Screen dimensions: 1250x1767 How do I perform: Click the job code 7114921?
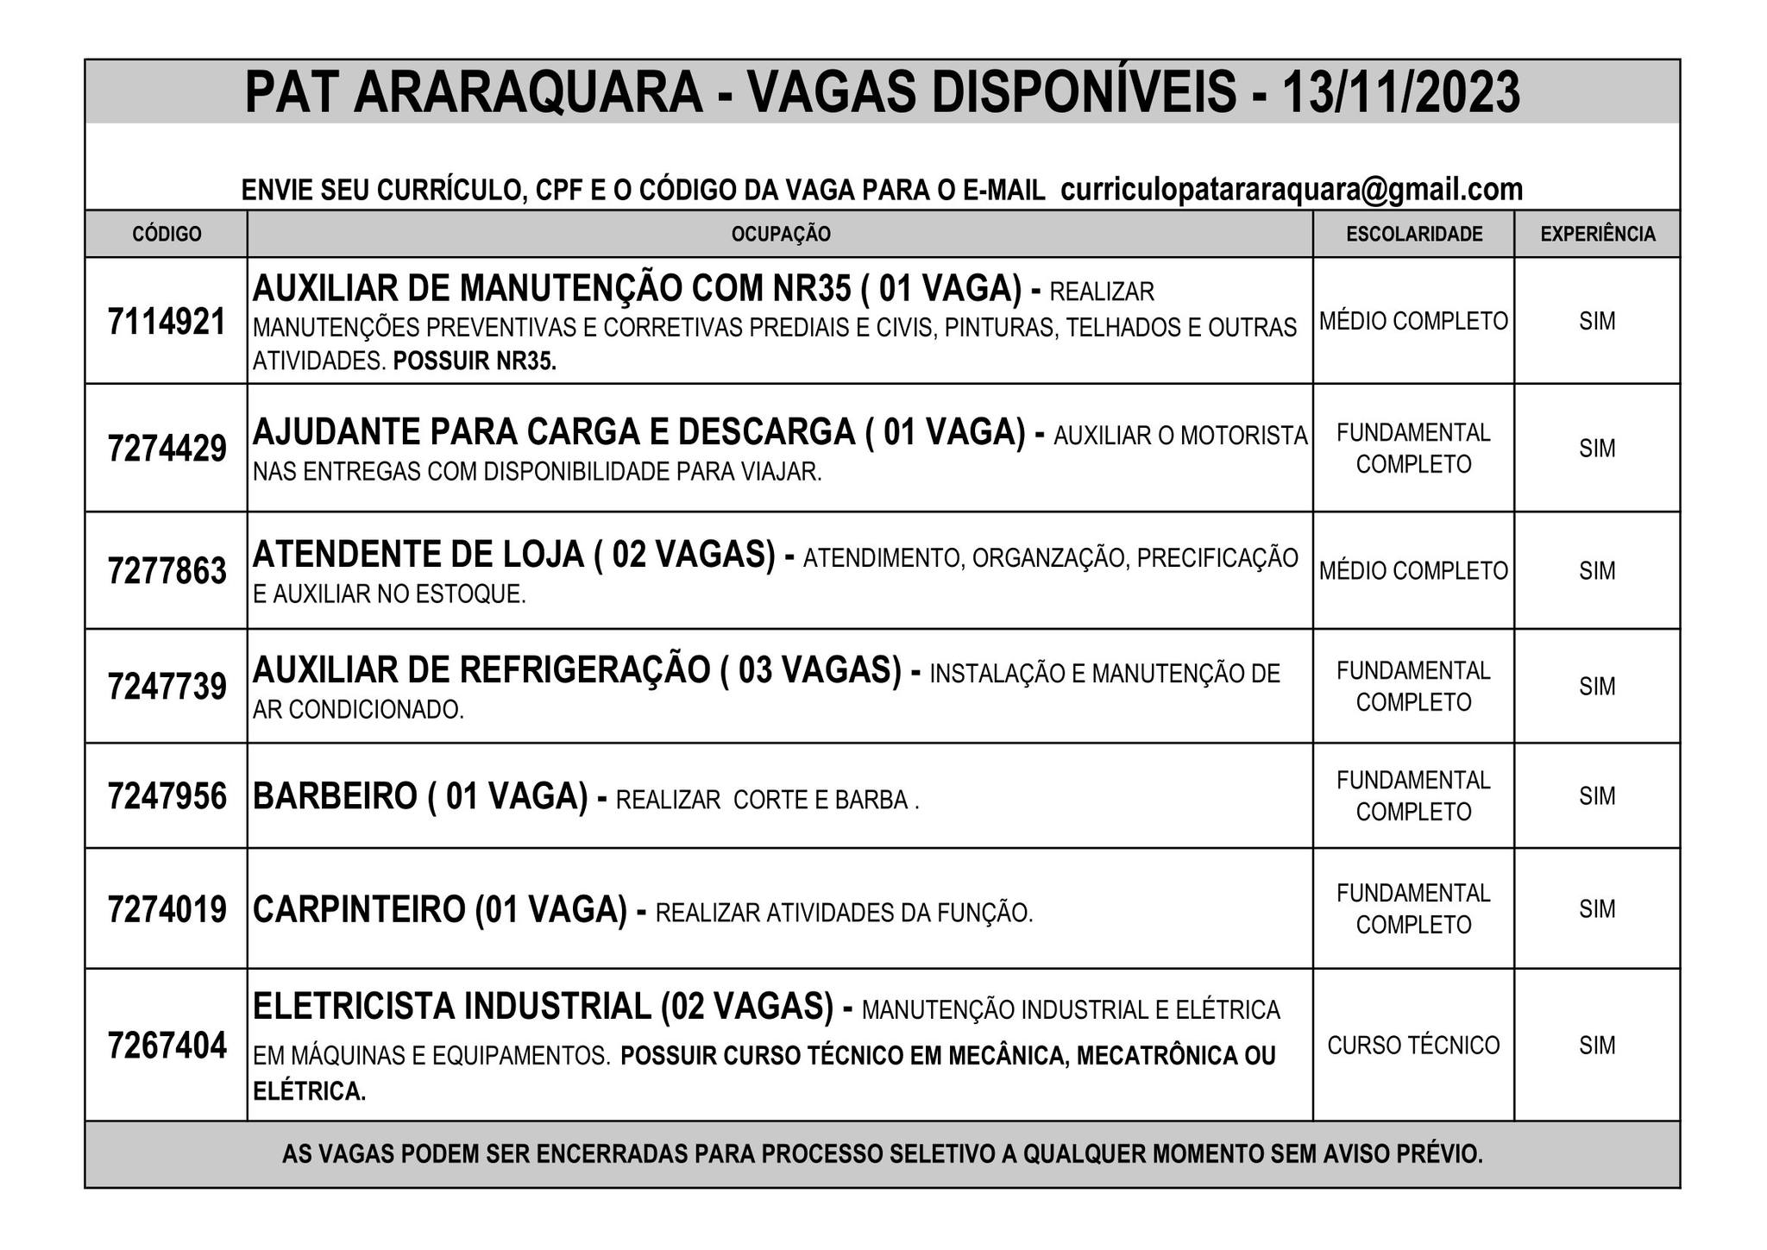pos(167,322)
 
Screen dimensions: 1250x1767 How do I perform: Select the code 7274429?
pos(167,449)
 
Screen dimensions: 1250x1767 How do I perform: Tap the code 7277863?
pos(167,571)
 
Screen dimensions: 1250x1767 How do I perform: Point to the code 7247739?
pos(167,687)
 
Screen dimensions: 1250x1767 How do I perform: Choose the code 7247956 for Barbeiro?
pos(167,796)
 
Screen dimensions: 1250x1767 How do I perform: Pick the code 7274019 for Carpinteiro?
pos(167,909)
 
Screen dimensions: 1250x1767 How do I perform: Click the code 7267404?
pos(167,1046)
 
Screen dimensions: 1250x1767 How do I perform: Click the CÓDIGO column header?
pos(167,234)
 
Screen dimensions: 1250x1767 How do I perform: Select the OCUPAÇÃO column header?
pos(780,234)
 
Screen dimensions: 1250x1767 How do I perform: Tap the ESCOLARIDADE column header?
pos(1414,234)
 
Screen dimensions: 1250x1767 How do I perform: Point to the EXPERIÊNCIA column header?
pos(1598,234)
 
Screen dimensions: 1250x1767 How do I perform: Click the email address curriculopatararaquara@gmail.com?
pos(1291,190)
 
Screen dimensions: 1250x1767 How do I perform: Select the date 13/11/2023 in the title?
pos(1401,93)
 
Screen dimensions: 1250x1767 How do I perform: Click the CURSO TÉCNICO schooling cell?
pos(1413,1046)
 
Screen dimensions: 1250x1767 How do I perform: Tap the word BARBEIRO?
pos(334,796)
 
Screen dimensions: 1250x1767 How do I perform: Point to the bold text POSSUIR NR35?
pos(475,361)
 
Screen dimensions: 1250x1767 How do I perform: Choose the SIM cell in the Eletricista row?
pos(1597,1046)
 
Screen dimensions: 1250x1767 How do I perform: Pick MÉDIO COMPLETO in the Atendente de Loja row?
pos(1413,571)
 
